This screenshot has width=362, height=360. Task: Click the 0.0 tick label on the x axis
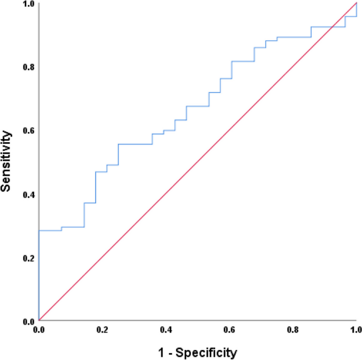tap(39, 330)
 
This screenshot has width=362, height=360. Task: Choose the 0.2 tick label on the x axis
tap(102, 330)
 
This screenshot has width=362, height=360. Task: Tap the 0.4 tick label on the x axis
tap(166, 330)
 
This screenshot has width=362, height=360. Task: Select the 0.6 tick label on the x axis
tap(229, 330)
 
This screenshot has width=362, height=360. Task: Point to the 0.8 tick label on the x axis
tap(293, 330)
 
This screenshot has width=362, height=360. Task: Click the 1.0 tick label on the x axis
tap(356, 330)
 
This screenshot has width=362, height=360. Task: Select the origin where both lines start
tap(39, 321)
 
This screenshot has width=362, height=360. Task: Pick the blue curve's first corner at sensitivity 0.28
tap(39, 230)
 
